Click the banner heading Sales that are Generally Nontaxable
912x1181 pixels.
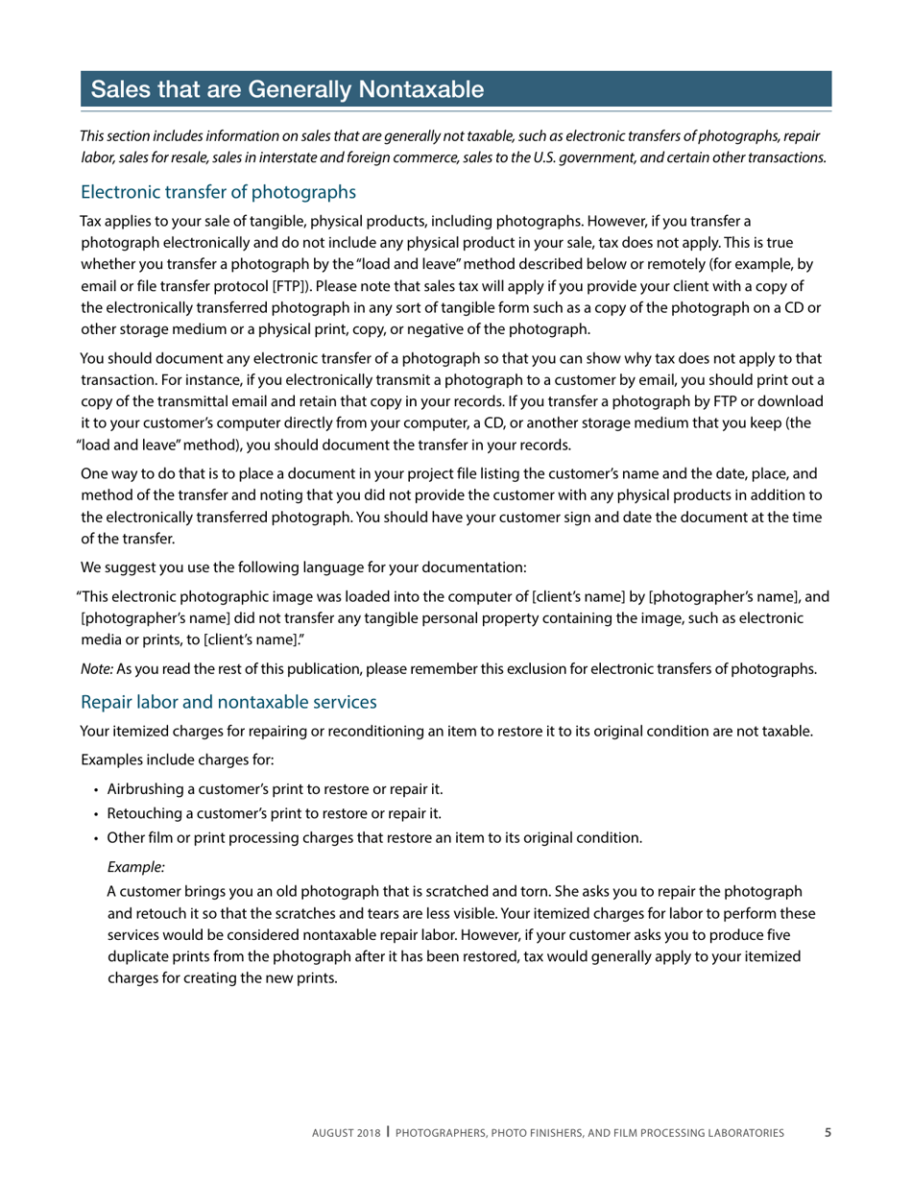[287, 89]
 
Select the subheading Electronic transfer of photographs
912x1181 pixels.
[218, 192]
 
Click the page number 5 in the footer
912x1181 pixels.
[828, 1133]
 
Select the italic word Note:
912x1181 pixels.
[97, 669]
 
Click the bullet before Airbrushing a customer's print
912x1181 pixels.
[97, 790]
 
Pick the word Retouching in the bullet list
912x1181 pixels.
[142, 813]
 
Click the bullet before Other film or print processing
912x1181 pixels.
[97, 838]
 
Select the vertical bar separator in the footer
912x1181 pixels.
[388, 1132]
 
